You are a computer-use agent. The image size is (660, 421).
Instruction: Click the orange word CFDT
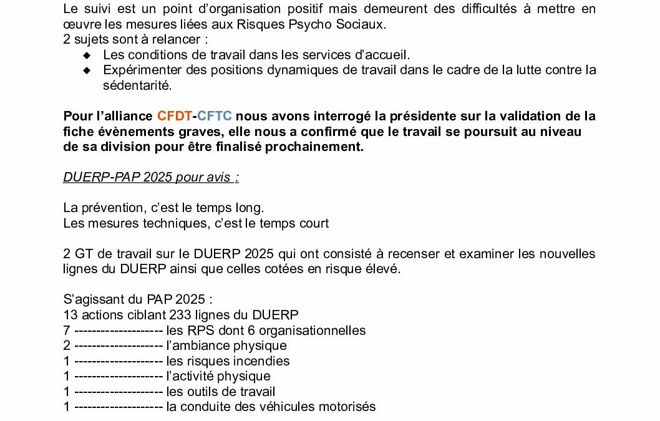coord(175,116)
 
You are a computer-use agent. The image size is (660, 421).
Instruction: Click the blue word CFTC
coord(215,116)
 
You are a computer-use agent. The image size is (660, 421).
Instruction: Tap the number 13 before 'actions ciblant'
coord(70,315)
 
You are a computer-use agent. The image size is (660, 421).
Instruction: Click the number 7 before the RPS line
coord(67,331)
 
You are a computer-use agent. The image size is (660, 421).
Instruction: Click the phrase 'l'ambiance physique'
coord(226,346)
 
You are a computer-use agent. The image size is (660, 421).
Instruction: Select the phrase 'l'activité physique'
coord(218,376)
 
